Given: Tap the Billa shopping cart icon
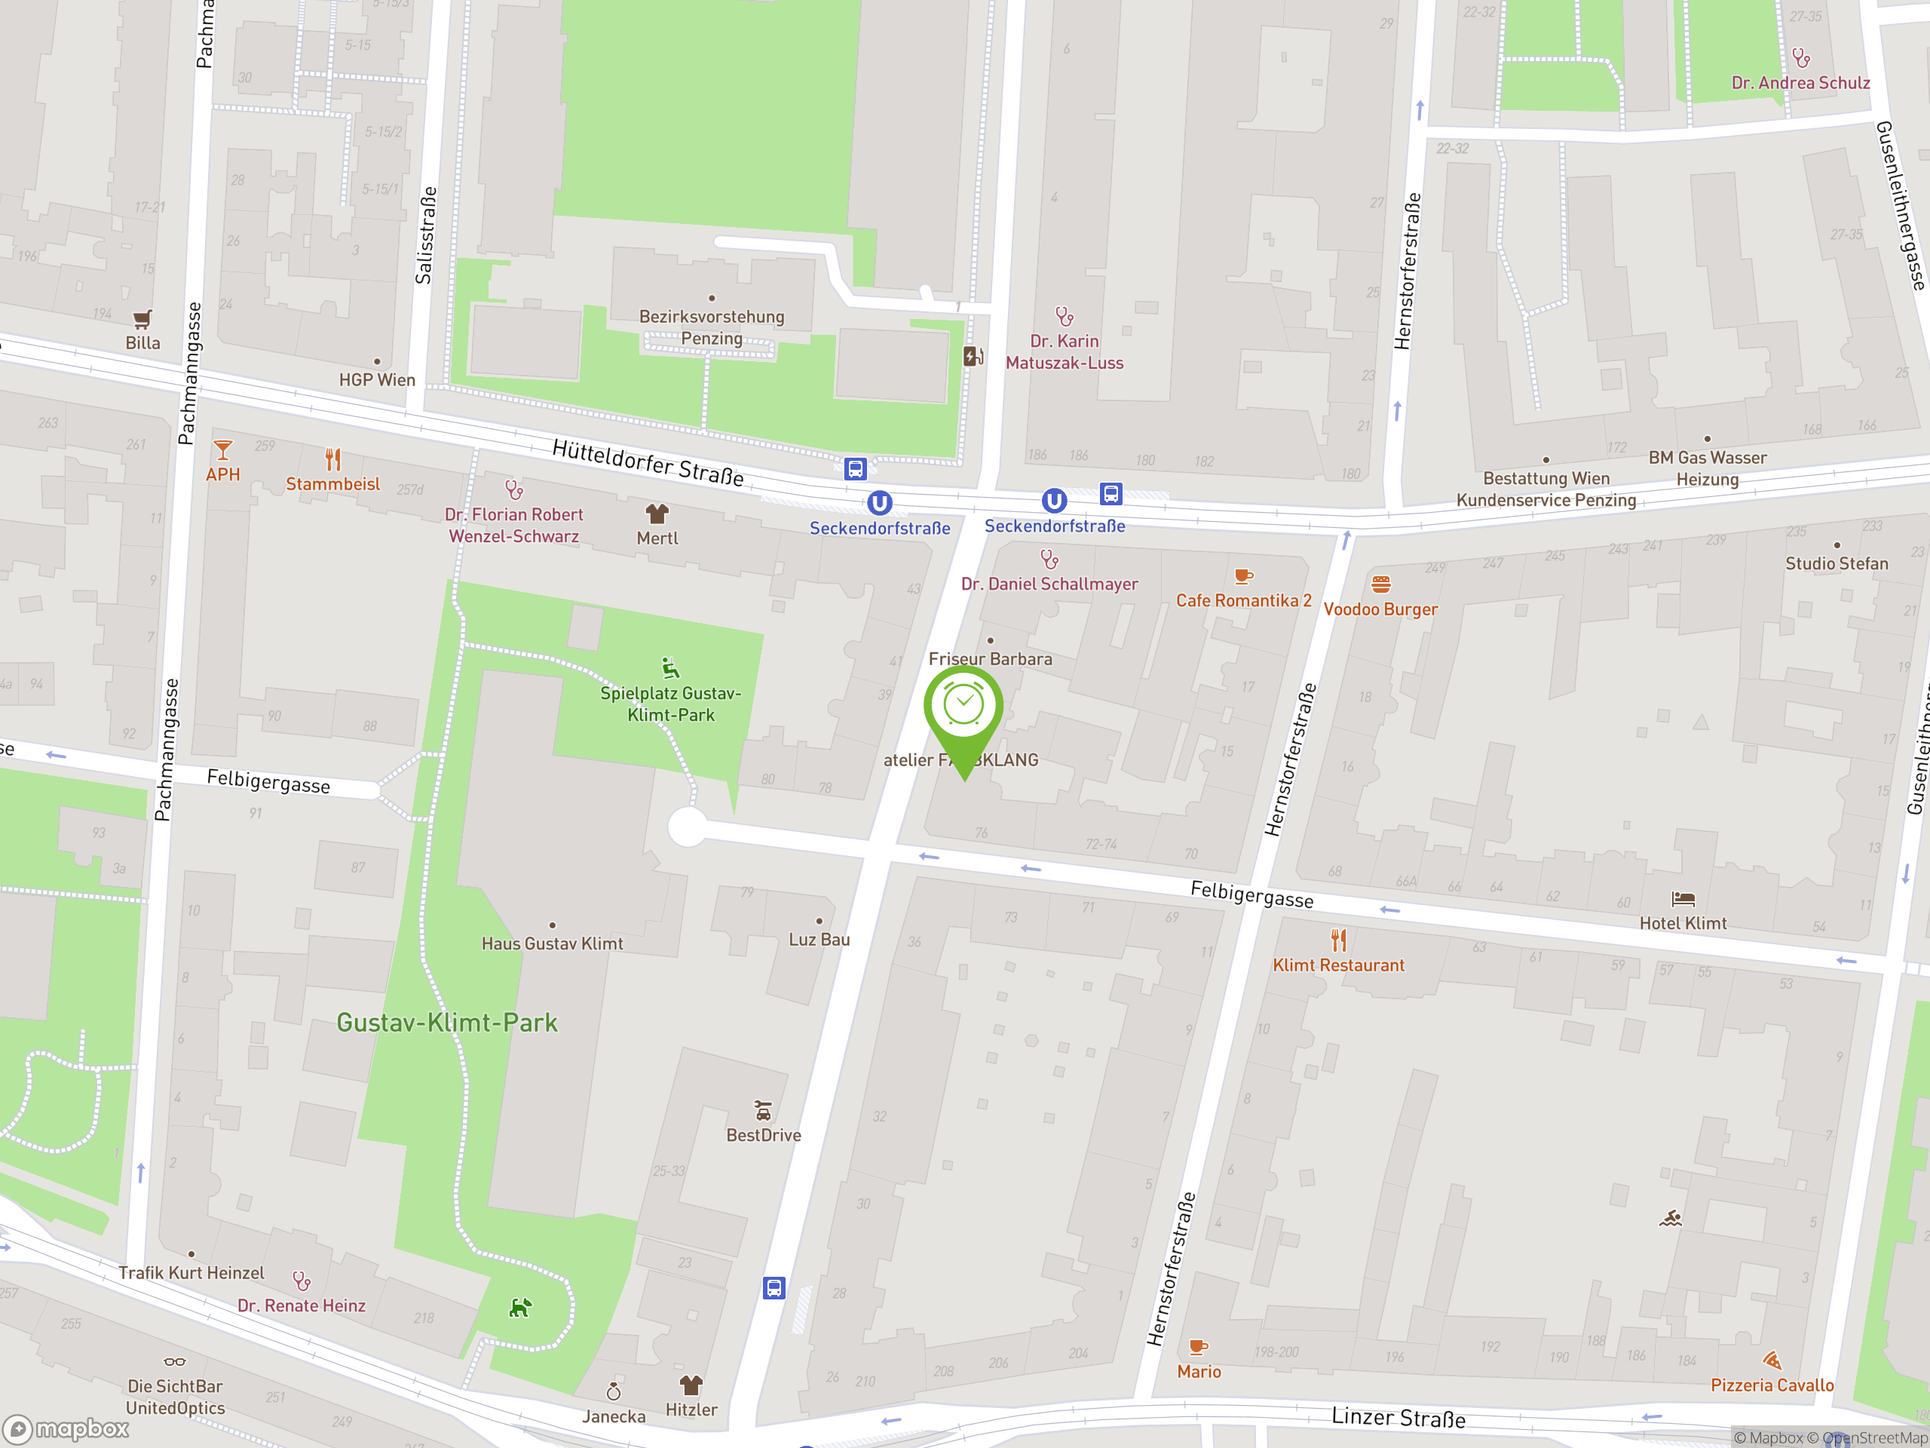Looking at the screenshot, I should click(x=142, y=318).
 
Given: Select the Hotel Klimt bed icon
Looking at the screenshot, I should click(x=1682, y=899).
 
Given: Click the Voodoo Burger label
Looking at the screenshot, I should click(x=1380, y=609).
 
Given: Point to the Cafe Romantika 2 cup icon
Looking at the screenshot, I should click(x=1243, y=576).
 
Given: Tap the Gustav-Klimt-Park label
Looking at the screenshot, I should click(x=447, y=1022).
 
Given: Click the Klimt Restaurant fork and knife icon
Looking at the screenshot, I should click(x=1338, y=940).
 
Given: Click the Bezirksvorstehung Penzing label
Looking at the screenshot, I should click(x=711, y=327).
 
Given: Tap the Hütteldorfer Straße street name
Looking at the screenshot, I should click(x=648, y=462).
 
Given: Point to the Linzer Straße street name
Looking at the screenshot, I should click(x=1398, y=1417).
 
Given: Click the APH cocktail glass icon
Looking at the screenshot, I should click(x=222, y=450).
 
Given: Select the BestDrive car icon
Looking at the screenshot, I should click(x=763, y=1110).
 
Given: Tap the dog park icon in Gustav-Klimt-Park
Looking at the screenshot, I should click(x=520, y=1308).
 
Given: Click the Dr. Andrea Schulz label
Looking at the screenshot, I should click(x=1800, y=83).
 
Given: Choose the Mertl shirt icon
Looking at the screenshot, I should click(x=657, y=514).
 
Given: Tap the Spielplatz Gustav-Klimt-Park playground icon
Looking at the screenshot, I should click(x=669, y=669).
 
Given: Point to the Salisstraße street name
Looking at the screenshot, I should click(x=425, y=235).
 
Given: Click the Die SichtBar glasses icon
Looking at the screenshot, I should click(x=174, y=1361).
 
